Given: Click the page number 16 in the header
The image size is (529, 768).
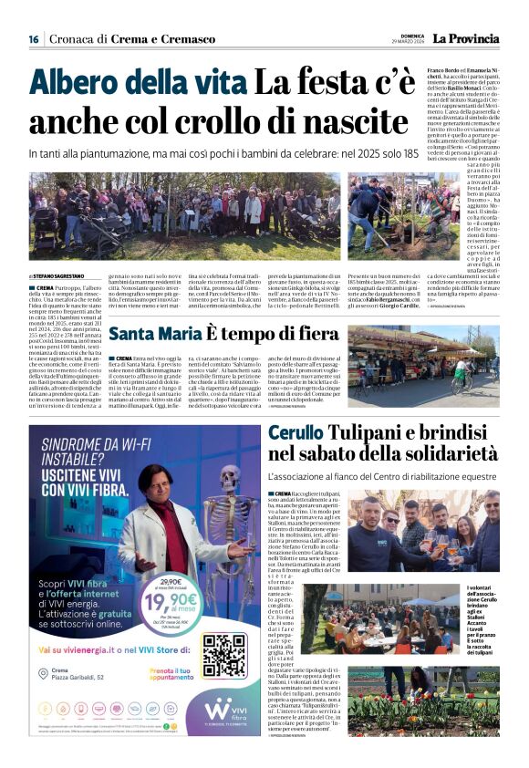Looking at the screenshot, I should coord(34,39).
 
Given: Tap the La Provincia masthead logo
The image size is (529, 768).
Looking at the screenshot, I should coord(465,38).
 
